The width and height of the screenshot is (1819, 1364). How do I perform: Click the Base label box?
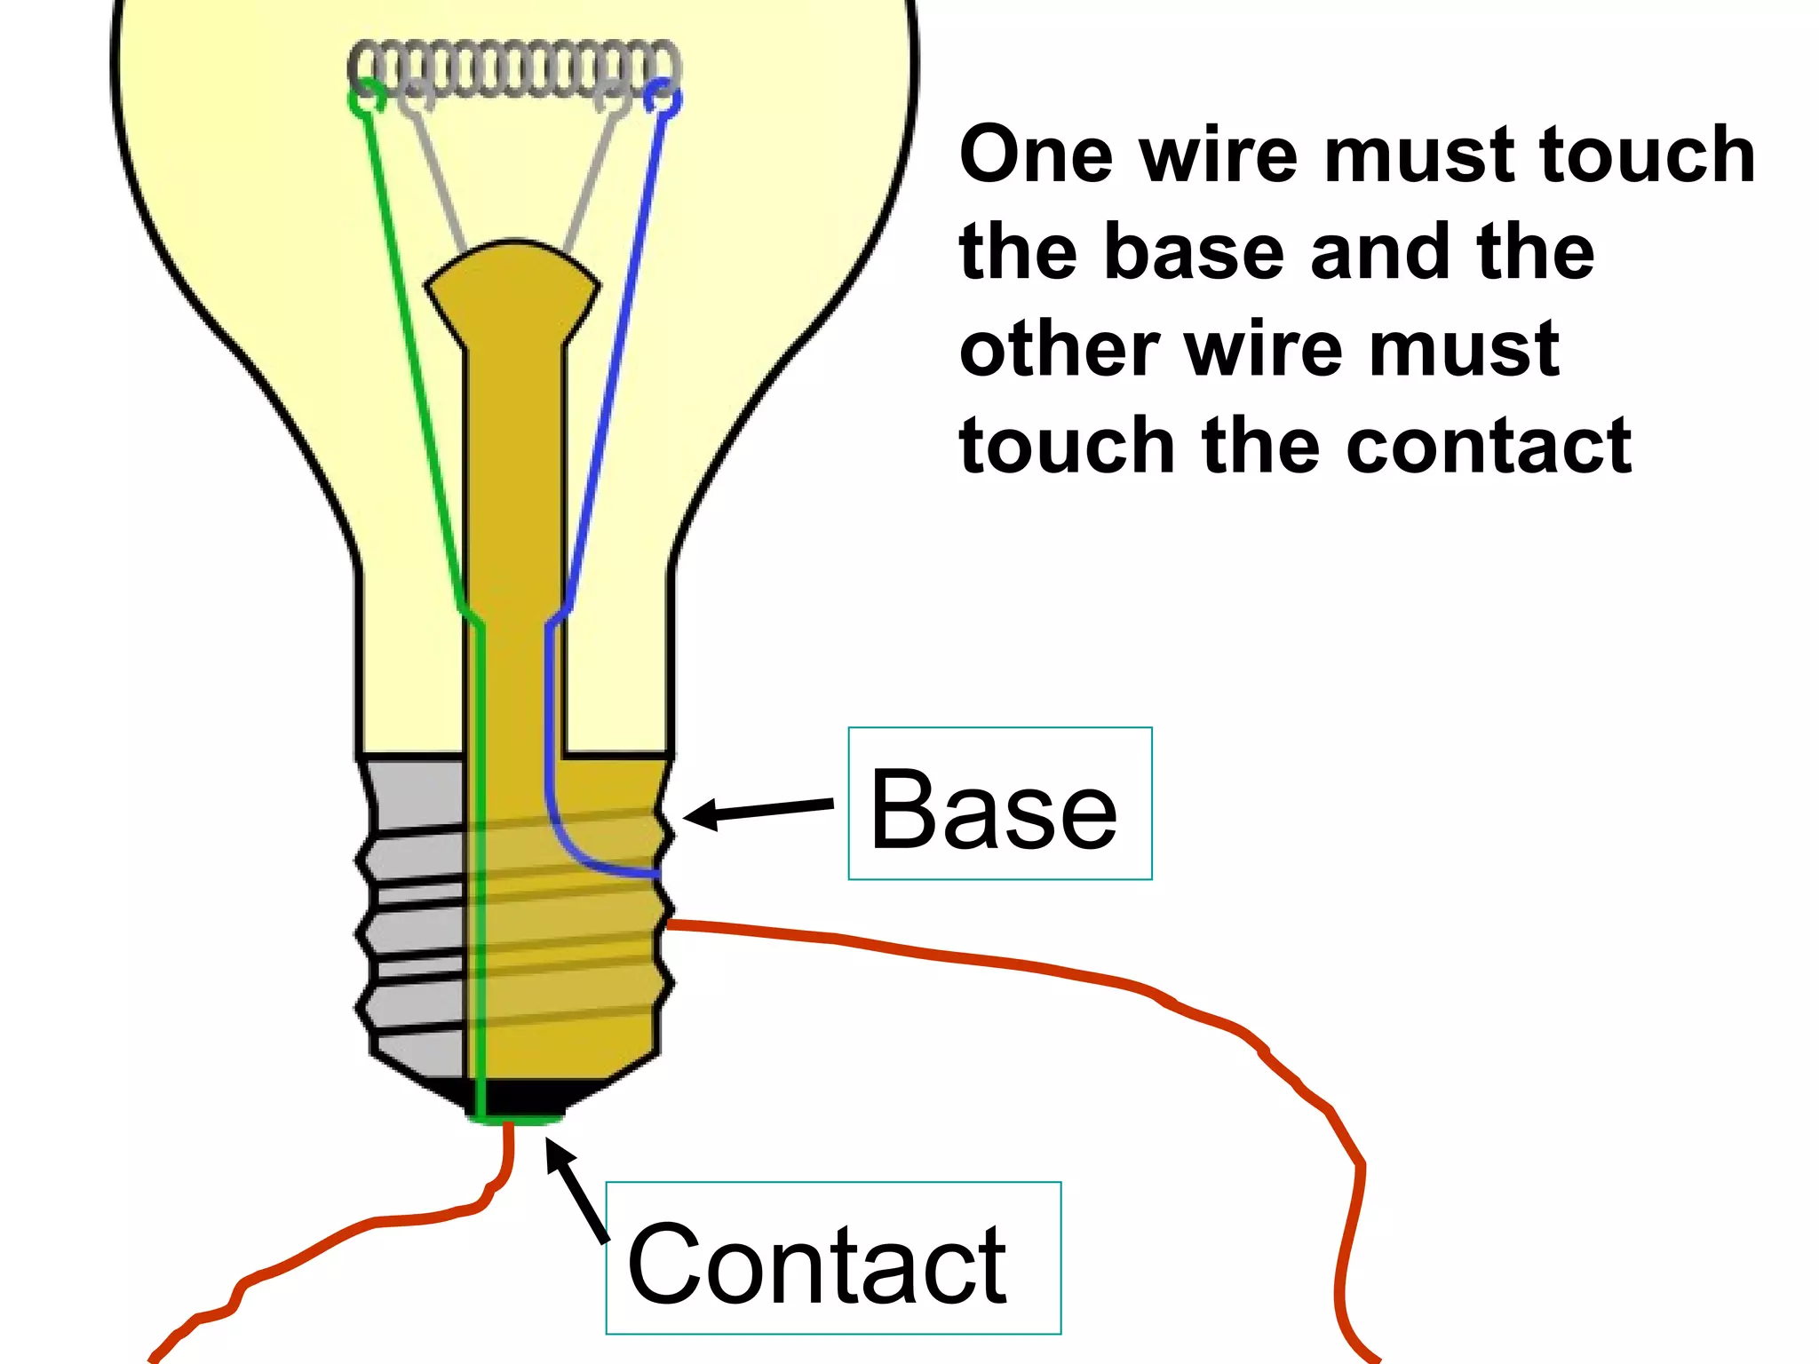tap(999, 804)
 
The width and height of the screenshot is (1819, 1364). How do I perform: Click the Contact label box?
tap(832, 1257)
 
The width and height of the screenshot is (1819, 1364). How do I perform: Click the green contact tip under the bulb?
tap(515, 1121)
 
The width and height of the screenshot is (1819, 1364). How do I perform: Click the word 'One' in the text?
tap(1036, 155)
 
